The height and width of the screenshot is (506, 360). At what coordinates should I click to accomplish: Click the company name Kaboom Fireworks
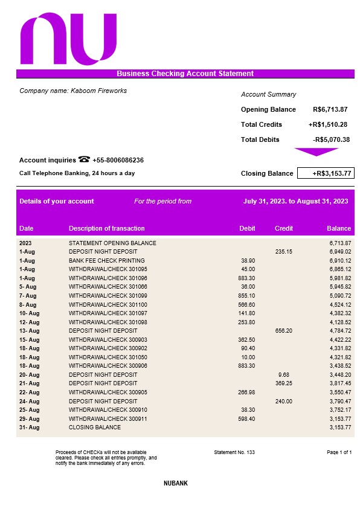(x=73, y=91)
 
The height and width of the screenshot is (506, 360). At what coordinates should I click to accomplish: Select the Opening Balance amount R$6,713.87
(x=330, y=110)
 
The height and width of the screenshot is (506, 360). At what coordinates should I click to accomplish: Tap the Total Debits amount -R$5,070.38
(x=331, y=139)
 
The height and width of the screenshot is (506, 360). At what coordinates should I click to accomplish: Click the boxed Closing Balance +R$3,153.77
(x=326, y=174)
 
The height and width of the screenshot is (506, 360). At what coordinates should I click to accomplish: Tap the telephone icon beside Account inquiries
(x=84, y=160)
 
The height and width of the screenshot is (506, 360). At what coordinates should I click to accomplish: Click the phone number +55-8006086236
(x=118, y=161)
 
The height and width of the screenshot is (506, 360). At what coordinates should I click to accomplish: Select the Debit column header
(x=247, y=229)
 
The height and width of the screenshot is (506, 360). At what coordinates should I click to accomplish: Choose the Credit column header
(x=284, y=229)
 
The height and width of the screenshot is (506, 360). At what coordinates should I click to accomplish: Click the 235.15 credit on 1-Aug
(x=283, y=252)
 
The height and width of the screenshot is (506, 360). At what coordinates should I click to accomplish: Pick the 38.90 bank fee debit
(x=248, y=260)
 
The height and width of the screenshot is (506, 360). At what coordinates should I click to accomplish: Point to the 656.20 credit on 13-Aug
(x=283, y=331)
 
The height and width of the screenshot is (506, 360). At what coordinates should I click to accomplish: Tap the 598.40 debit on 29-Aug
(x=247, y=419)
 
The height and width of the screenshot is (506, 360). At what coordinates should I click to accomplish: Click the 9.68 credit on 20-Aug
(x=285, y=375)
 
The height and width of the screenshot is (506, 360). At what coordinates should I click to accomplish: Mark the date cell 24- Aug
(x=29, y=402)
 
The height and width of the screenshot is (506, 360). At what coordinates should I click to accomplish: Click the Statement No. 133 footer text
(x=234, y=452)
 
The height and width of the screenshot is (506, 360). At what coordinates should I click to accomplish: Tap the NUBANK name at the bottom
(x=179, y=484)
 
